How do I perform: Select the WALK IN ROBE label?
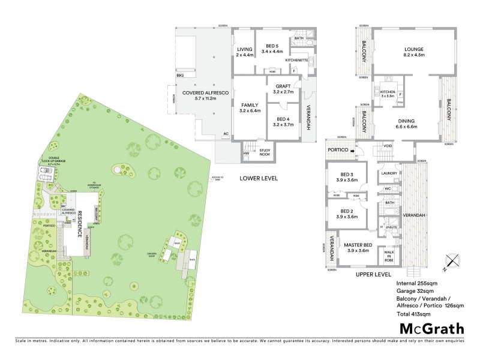[389, 255]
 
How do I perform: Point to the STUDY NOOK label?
[264, 151]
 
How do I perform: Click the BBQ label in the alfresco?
[180, 75]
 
